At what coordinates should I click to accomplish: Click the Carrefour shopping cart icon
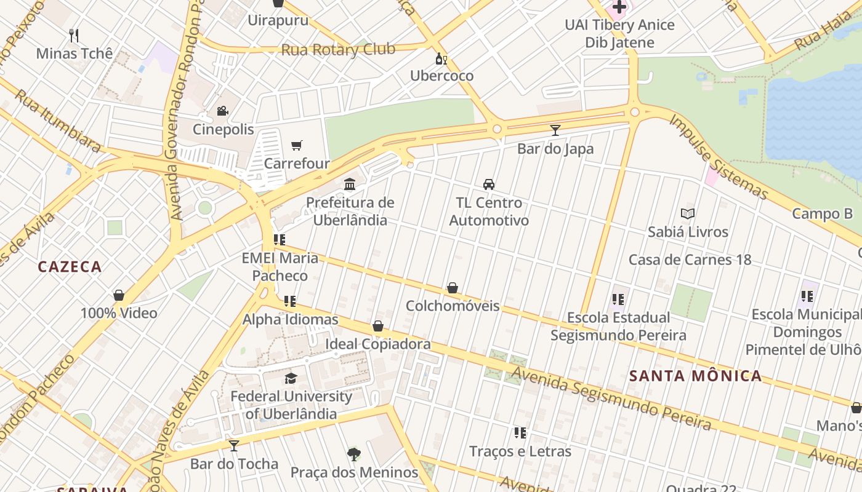pyautogui.click(x=297, y=146)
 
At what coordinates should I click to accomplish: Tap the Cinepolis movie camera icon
pyautogui.click(x=222, y=111)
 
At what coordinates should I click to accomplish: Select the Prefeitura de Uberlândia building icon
pyautogui.click(x=350, y=184)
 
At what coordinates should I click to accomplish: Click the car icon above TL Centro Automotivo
pyautogui.click(x=489, y=184)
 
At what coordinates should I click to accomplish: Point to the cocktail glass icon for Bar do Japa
pyautogui.click(x=555, y=130)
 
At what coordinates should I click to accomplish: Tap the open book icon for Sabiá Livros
pyautogui.click(x=688, y=214)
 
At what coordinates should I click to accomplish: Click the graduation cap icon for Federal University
pyautogui.click(x=291, y=378)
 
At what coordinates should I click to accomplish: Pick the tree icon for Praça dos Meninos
pyautogui.click(x=354, y=454)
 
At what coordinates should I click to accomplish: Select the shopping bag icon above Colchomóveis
pyautogui.click(x=453, y=288)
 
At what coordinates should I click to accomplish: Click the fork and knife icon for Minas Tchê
pyautogui.click(x=75, y=35)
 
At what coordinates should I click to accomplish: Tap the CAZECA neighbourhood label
pyautogui.click(x=70, y=267)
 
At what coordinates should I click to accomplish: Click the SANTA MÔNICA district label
pyautogui.click(x=696, y=376)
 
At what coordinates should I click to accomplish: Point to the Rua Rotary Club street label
pyautogui.click(x=338, y=49)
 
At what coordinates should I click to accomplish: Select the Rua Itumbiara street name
pyautogui.click(x=58, y=121)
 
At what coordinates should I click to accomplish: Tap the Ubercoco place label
pyautogui.click(x=442, y=76)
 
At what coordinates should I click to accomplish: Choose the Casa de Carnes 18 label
pyautogui.click(x=690, y=260)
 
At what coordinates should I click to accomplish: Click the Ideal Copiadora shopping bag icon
pyautogui.click(x=378, y=326)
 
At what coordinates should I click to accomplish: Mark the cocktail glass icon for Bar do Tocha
pyautogui.click(x=234, y=445)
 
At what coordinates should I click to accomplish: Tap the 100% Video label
pyautogui.click(x=119, y=313)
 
